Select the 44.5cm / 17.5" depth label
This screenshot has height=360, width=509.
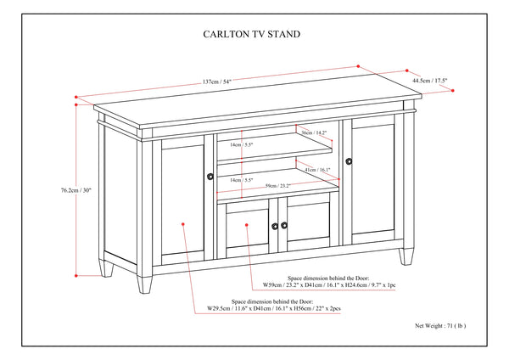pos(429,81)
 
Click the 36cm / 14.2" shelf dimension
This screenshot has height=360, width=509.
pos(315,133)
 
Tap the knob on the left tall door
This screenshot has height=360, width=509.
pos(210,177)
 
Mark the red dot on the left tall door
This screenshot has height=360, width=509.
pos(183,224)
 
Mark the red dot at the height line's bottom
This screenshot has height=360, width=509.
pos(77,275)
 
